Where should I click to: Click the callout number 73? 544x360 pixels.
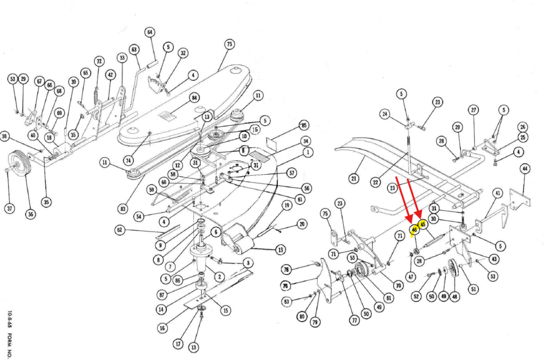[229, 44]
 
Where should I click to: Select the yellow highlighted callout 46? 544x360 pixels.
[414, 230]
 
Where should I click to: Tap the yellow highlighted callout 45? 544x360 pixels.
[423, 225]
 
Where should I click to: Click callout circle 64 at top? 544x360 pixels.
[150, 32]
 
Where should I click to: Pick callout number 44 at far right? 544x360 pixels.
[525, 169]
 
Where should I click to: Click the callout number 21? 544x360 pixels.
[354, 178]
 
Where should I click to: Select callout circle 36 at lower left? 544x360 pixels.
[30, 214]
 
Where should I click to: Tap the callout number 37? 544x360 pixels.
[10, 208]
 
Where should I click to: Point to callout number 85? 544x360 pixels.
[304, 126]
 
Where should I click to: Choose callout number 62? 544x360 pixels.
[120, 230]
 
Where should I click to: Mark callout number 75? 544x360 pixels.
[325, 213]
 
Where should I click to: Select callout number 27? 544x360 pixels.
[473, 110]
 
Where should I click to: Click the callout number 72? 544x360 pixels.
[99, 62]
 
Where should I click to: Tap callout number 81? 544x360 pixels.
[389, 298]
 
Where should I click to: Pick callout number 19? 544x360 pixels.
[286, 205]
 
